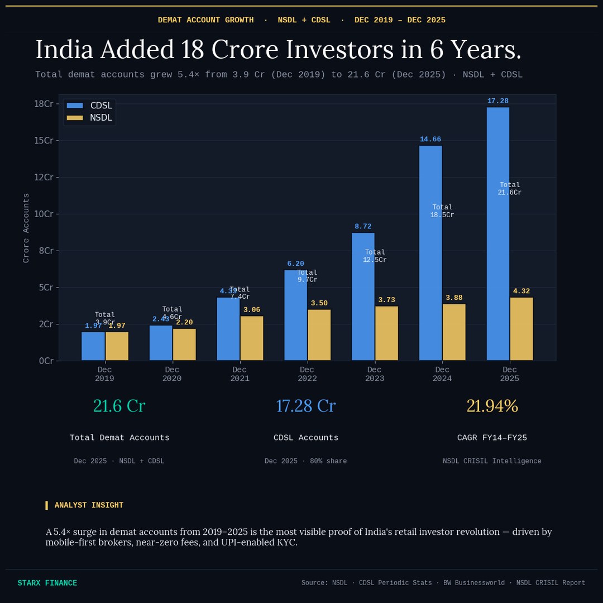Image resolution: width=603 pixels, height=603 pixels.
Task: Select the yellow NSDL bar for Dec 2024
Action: click(454, 332)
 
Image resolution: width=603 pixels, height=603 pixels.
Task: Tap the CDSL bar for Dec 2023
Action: click(363, 296)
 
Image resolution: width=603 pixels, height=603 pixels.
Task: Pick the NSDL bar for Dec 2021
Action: click(251, 338)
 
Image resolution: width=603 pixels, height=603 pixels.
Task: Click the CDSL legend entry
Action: click(89, 106)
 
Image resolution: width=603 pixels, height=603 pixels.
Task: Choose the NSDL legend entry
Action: click(89, 118)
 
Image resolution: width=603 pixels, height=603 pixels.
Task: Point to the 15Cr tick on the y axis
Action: click(43, 140)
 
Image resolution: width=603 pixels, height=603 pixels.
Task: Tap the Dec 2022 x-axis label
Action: click(307, 374)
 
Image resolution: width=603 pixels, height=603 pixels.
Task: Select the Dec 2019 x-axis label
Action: click(104, 374)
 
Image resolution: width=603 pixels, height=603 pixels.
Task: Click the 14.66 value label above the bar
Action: click(430, 140)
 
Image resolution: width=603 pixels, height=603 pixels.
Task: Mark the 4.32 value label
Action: click(521, 291)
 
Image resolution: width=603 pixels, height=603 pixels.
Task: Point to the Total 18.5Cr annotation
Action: click(442, 211)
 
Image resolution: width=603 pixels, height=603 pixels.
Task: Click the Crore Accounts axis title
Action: click(26, 228)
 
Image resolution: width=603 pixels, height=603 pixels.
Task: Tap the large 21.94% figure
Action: click(492, 406)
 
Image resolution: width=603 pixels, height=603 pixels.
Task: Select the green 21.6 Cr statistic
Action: click(119, 406)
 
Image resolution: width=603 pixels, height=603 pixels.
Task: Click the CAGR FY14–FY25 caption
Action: click(492, 438)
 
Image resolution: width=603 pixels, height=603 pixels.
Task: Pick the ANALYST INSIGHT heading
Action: click(88, 505)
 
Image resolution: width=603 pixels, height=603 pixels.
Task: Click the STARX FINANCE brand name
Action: click(47, 583)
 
